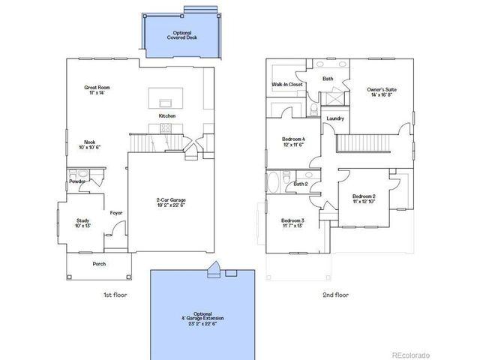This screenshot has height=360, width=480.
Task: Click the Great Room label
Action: coord(96,88)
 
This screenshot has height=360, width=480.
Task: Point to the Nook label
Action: coord(90,142)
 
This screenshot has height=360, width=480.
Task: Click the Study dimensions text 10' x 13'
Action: coord(82,226)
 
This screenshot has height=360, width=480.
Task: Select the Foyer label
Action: coord(116,213)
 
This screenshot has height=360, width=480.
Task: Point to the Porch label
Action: coord(99,263)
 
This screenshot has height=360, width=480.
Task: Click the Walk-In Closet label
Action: coord(286,85)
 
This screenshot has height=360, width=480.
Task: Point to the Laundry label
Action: coord(335,118)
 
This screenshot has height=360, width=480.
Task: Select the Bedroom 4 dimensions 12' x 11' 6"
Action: coord(292,145)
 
